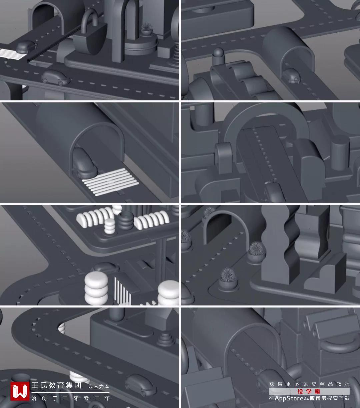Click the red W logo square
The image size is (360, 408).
pos(20,391)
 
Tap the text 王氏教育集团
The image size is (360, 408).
pos(56,385)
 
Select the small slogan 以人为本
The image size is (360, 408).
pos(99,386)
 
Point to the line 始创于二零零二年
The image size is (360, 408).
pos(70,398)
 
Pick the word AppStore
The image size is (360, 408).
pos(289,398)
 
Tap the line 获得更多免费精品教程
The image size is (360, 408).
pos(309,384)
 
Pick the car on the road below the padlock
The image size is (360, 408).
pos(56,78)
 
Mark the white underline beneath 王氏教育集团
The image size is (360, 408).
pos(70,392)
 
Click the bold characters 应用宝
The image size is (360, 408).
pos(318,398)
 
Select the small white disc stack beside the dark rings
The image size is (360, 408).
pos(110,226)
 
